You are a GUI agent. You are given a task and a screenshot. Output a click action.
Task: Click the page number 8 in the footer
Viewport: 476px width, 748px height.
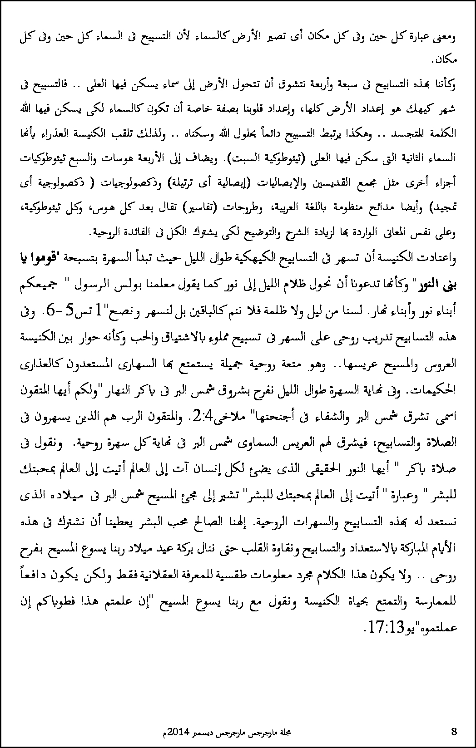coord(455,731)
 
